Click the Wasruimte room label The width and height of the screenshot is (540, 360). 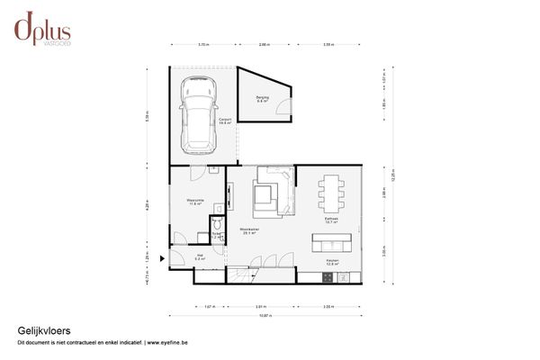[x=194, y=201]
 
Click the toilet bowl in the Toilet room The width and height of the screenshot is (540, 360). [x=217, y=224]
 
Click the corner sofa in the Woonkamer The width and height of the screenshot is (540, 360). [x=273, y=191]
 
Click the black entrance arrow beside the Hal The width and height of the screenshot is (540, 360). [x=161, y=258]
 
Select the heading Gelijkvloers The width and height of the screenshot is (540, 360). [x=38, y=330]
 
